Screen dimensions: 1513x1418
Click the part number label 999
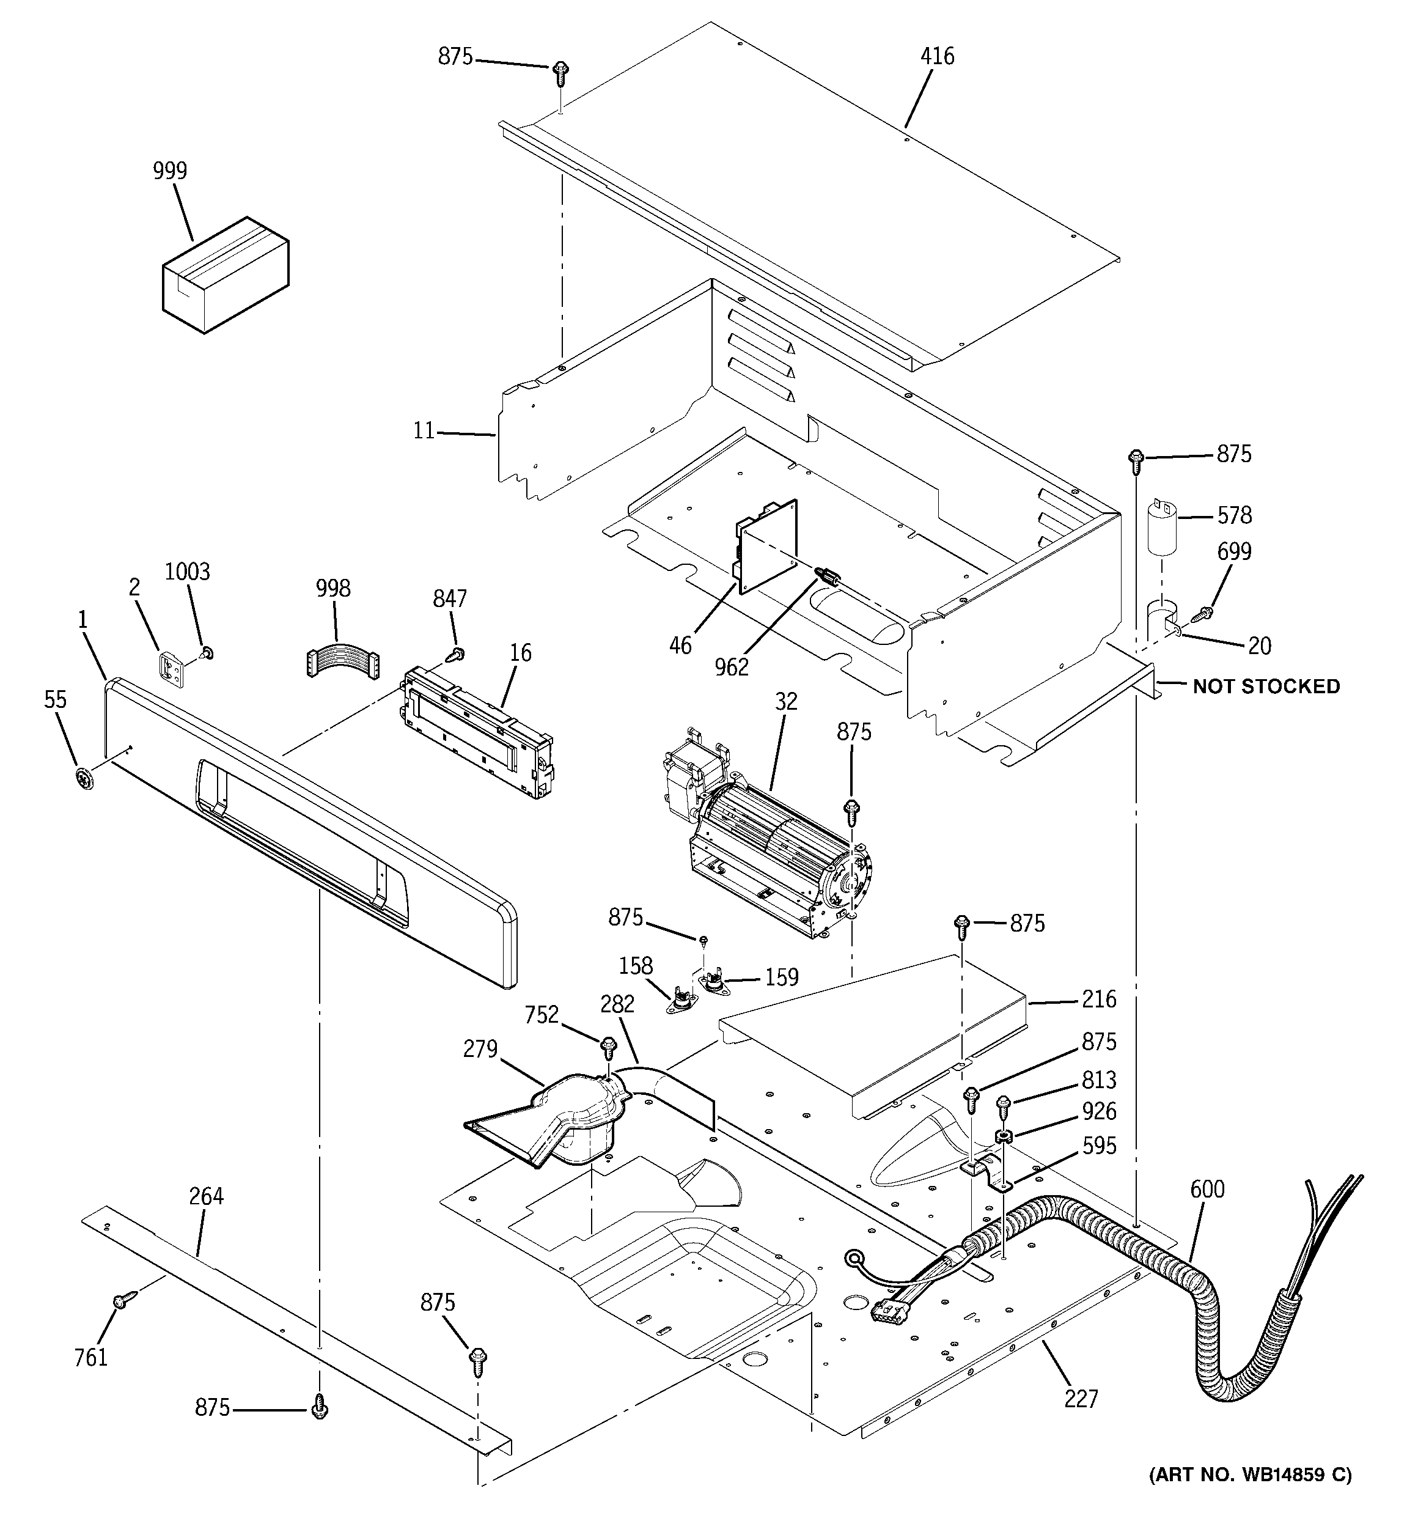(170, 171)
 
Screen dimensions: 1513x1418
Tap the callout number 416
(937, 56)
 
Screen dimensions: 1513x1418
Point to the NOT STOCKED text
(1266, 687)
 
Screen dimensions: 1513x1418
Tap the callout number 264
(206, 1196)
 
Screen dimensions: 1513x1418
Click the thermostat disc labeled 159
(713, 982)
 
